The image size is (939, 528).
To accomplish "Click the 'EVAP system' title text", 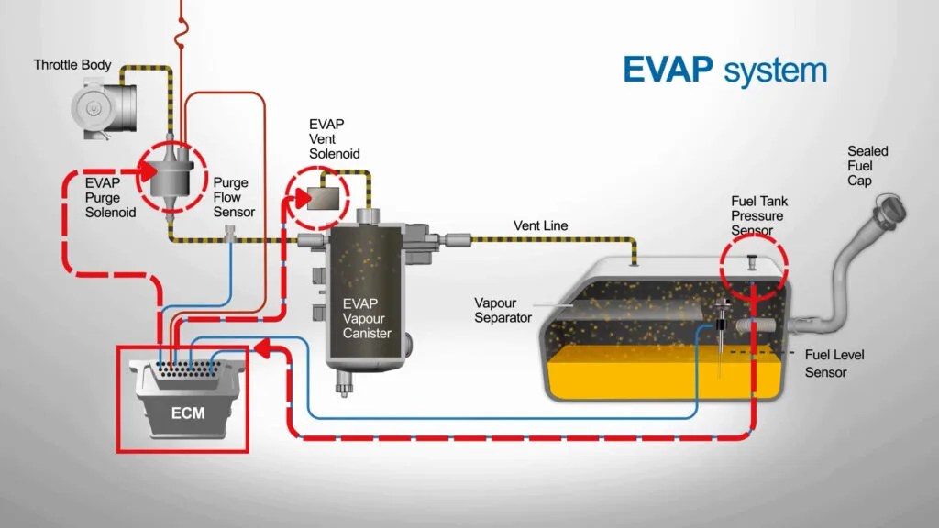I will pos(724,71).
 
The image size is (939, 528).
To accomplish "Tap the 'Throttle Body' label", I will pos(72,65).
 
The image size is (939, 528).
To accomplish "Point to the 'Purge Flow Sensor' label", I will pos(233,197).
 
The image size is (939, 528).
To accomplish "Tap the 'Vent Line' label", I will pos(540,225).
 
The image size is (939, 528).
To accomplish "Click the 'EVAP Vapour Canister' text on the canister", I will pos(366,317).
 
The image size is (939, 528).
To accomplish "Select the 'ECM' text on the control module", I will pos(187,412).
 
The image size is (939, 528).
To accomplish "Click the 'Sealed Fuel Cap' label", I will pos(867,166).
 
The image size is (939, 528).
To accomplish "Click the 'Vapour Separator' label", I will pos(503,310).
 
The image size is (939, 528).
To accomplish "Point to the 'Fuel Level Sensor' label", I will pos(834,363).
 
